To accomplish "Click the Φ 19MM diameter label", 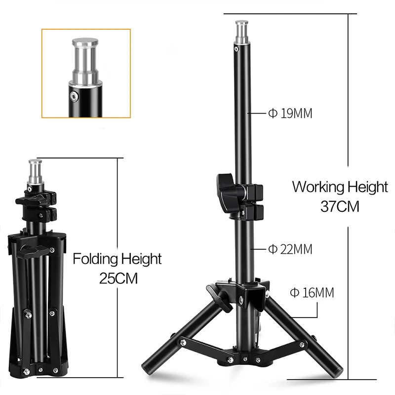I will tap(290, 114).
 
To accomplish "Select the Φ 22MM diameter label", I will tap(290, 249).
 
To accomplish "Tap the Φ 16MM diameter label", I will tap(312, 293).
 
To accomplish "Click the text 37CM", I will tap(340, 206).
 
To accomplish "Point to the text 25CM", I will tap(118, 278).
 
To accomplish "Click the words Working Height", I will tap(340, 187).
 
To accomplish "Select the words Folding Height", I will tap(117, 258).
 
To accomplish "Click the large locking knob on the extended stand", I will tap(225, 190).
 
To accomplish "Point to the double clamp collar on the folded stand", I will tap(37, 205).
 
